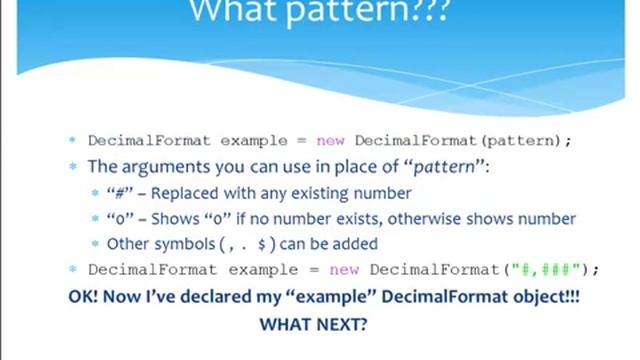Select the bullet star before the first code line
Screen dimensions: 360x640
[72, 141]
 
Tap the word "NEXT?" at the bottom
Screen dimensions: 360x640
[343, 324]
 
